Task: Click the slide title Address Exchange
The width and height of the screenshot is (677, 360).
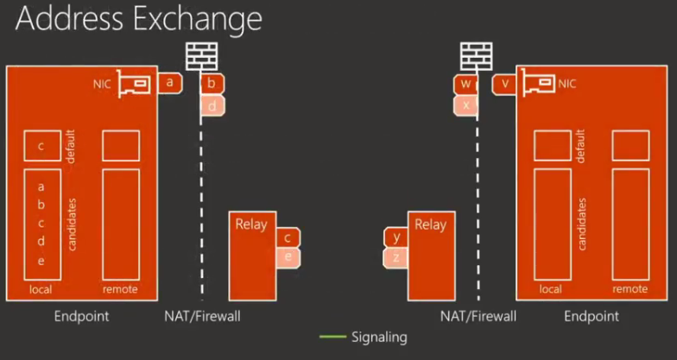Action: point(138,19)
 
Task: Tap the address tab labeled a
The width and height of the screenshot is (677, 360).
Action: point(171,83)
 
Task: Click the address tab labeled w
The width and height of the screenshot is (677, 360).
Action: point(465,84)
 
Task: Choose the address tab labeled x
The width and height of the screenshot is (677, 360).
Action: point(465,104)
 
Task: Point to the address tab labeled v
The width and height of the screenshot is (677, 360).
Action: point(504,84)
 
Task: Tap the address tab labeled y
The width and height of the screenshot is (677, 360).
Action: point(395,237)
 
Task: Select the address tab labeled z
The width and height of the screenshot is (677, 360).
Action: point(395,256)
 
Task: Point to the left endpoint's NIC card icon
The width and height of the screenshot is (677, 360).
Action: point(135,84)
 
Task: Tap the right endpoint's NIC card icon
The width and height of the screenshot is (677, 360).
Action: point(540,84)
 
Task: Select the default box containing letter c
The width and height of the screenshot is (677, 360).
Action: point(41,146)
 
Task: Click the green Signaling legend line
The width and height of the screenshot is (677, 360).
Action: point(332,337)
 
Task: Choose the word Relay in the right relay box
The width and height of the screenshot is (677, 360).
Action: point(430,224)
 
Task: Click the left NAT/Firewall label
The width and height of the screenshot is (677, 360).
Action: point(202,316)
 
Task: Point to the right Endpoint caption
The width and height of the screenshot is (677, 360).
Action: point(592,316)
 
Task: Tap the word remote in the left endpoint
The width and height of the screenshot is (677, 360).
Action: point(120,289)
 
